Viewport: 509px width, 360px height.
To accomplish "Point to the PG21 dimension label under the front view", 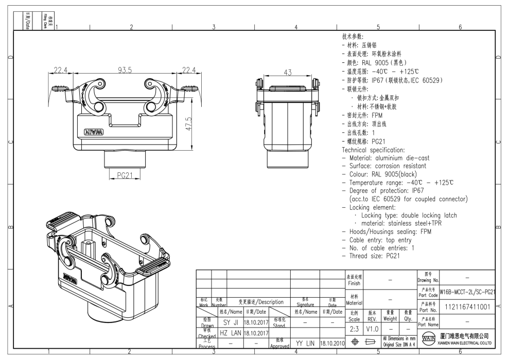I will tap(124, 175).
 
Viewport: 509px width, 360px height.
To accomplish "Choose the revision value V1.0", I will tap(373, 328).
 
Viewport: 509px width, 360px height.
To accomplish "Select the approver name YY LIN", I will tap(305, 342).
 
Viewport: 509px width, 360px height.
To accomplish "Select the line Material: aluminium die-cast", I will tap(385, 158).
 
